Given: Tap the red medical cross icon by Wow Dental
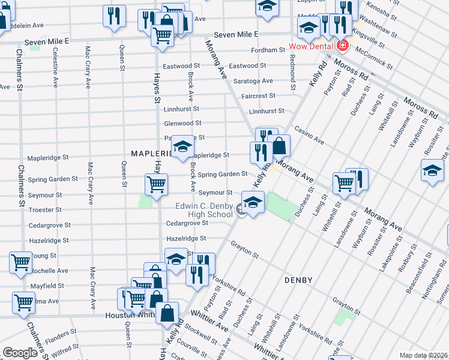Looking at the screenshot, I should [x=342, y=46].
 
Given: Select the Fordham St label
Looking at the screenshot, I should [x=267, y=50].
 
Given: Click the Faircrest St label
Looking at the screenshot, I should [x=258, y=95].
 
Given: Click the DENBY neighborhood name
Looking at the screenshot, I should [x=298, y=280].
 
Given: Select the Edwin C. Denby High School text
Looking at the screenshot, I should [x=203, y=210].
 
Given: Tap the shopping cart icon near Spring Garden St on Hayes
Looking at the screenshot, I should [x=156, y=184].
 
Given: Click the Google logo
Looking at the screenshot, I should [x=20, y=353].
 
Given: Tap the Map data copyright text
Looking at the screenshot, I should [x=424, y=355].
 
